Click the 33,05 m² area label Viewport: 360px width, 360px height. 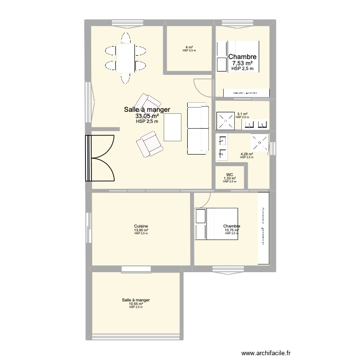point(147,116)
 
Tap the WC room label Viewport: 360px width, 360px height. point(230,175)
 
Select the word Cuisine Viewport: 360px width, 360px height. point(141,226)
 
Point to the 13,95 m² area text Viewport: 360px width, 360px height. point(141,230)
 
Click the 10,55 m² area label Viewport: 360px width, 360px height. point(136,304)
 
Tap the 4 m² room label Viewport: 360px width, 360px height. point(189,47)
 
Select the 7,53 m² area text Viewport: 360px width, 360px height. point(242,63)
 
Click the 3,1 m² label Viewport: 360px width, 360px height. point(242,114)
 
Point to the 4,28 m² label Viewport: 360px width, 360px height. point(246,154)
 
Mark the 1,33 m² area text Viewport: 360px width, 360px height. point(230,179)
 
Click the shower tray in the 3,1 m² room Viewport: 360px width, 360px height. point(225,120)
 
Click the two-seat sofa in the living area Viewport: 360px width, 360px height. point(197,129)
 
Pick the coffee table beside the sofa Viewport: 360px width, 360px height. point(173,127)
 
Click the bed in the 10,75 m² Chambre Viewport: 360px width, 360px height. point(216,224)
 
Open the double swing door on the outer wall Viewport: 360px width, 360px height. point(100,158)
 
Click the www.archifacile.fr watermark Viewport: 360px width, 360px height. point(266,353)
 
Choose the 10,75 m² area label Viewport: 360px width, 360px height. point(231,230)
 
